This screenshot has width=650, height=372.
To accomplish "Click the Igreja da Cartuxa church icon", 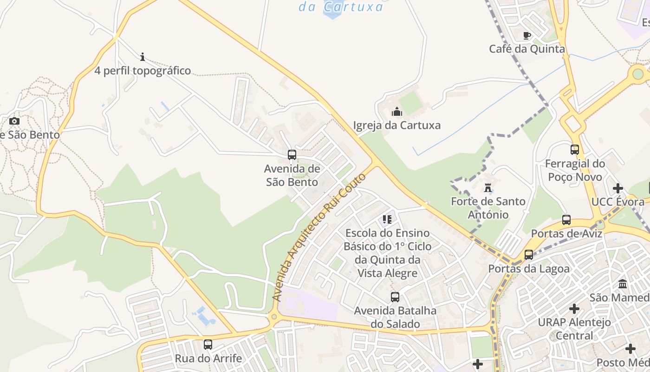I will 397,112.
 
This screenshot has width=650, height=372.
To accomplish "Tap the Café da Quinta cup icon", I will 527,35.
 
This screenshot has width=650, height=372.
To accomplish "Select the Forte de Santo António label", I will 488,208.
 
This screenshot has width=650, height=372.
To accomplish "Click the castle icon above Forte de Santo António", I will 488,188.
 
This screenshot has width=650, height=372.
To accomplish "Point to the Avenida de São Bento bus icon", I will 292,155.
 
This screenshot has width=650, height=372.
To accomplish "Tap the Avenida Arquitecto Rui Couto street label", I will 319,237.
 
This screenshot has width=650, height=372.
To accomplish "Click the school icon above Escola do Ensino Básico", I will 387,219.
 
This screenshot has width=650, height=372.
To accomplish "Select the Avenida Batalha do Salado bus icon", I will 395,297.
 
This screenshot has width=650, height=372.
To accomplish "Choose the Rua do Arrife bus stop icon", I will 208,345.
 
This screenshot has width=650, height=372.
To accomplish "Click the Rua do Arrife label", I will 208,359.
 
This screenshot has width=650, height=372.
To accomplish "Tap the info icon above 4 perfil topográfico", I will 143,57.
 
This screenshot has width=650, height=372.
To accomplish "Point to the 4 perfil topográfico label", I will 143,71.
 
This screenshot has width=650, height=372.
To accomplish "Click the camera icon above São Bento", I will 14,121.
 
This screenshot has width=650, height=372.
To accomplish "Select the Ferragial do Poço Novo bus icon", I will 575,150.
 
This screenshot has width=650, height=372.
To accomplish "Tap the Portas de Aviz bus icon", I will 566,220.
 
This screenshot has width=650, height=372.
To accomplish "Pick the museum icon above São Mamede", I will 623,284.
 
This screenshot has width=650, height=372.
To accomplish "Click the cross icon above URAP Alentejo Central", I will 574,308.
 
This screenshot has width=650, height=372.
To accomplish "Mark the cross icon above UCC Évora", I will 618,188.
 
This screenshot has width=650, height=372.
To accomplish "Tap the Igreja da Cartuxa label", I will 397,125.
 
